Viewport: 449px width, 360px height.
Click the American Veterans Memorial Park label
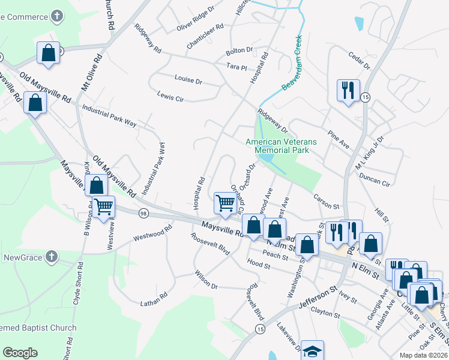tap(280, 146)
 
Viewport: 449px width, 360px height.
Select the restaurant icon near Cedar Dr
tap(348, 91)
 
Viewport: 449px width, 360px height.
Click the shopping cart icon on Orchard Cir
tap(225, 203)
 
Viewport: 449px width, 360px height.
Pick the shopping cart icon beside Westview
tap(104, 207)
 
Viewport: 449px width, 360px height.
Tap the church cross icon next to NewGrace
tap(51, 257)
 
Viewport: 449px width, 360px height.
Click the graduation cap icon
tap(312, 352)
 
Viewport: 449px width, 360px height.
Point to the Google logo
tap(19, 353)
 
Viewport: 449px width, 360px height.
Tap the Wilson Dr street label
tap(206, 280)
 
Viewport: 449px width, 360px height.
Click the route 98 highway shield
tap(143, 213)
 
